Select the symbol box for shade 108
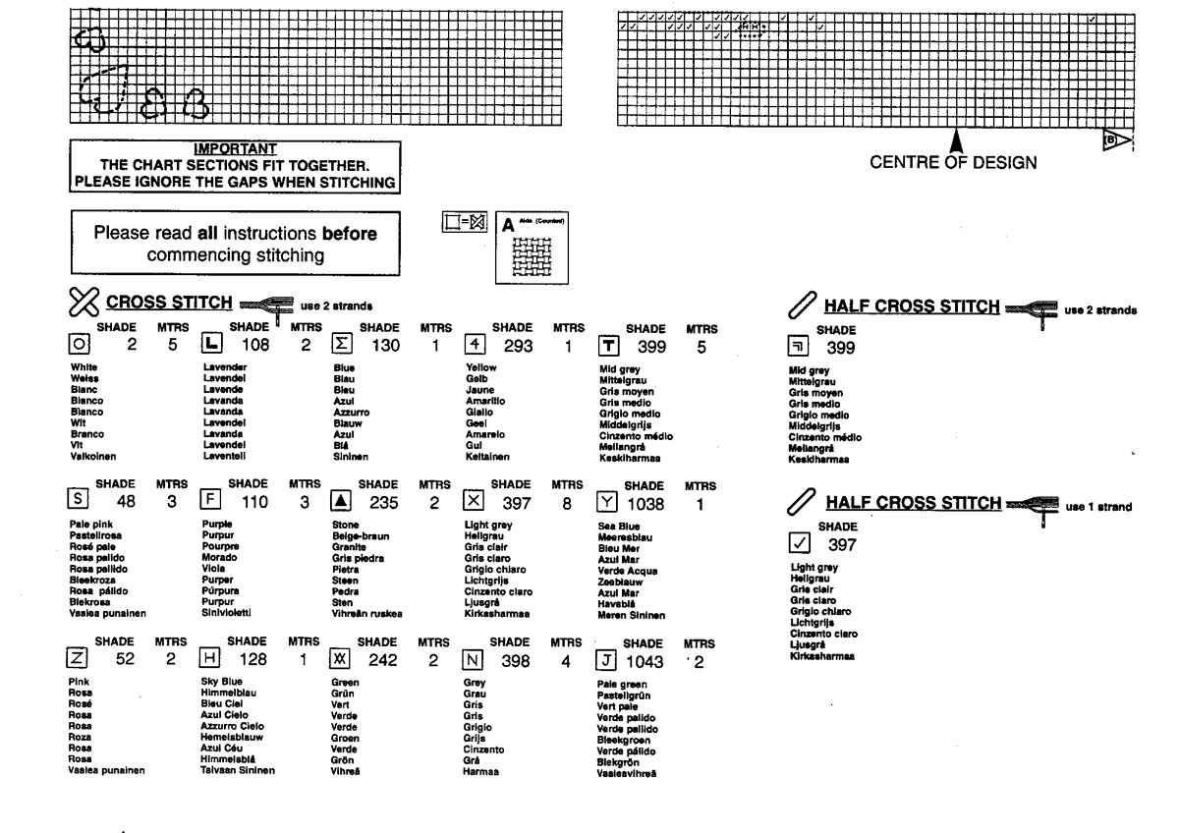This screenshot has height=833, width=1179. click(210, 344)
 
